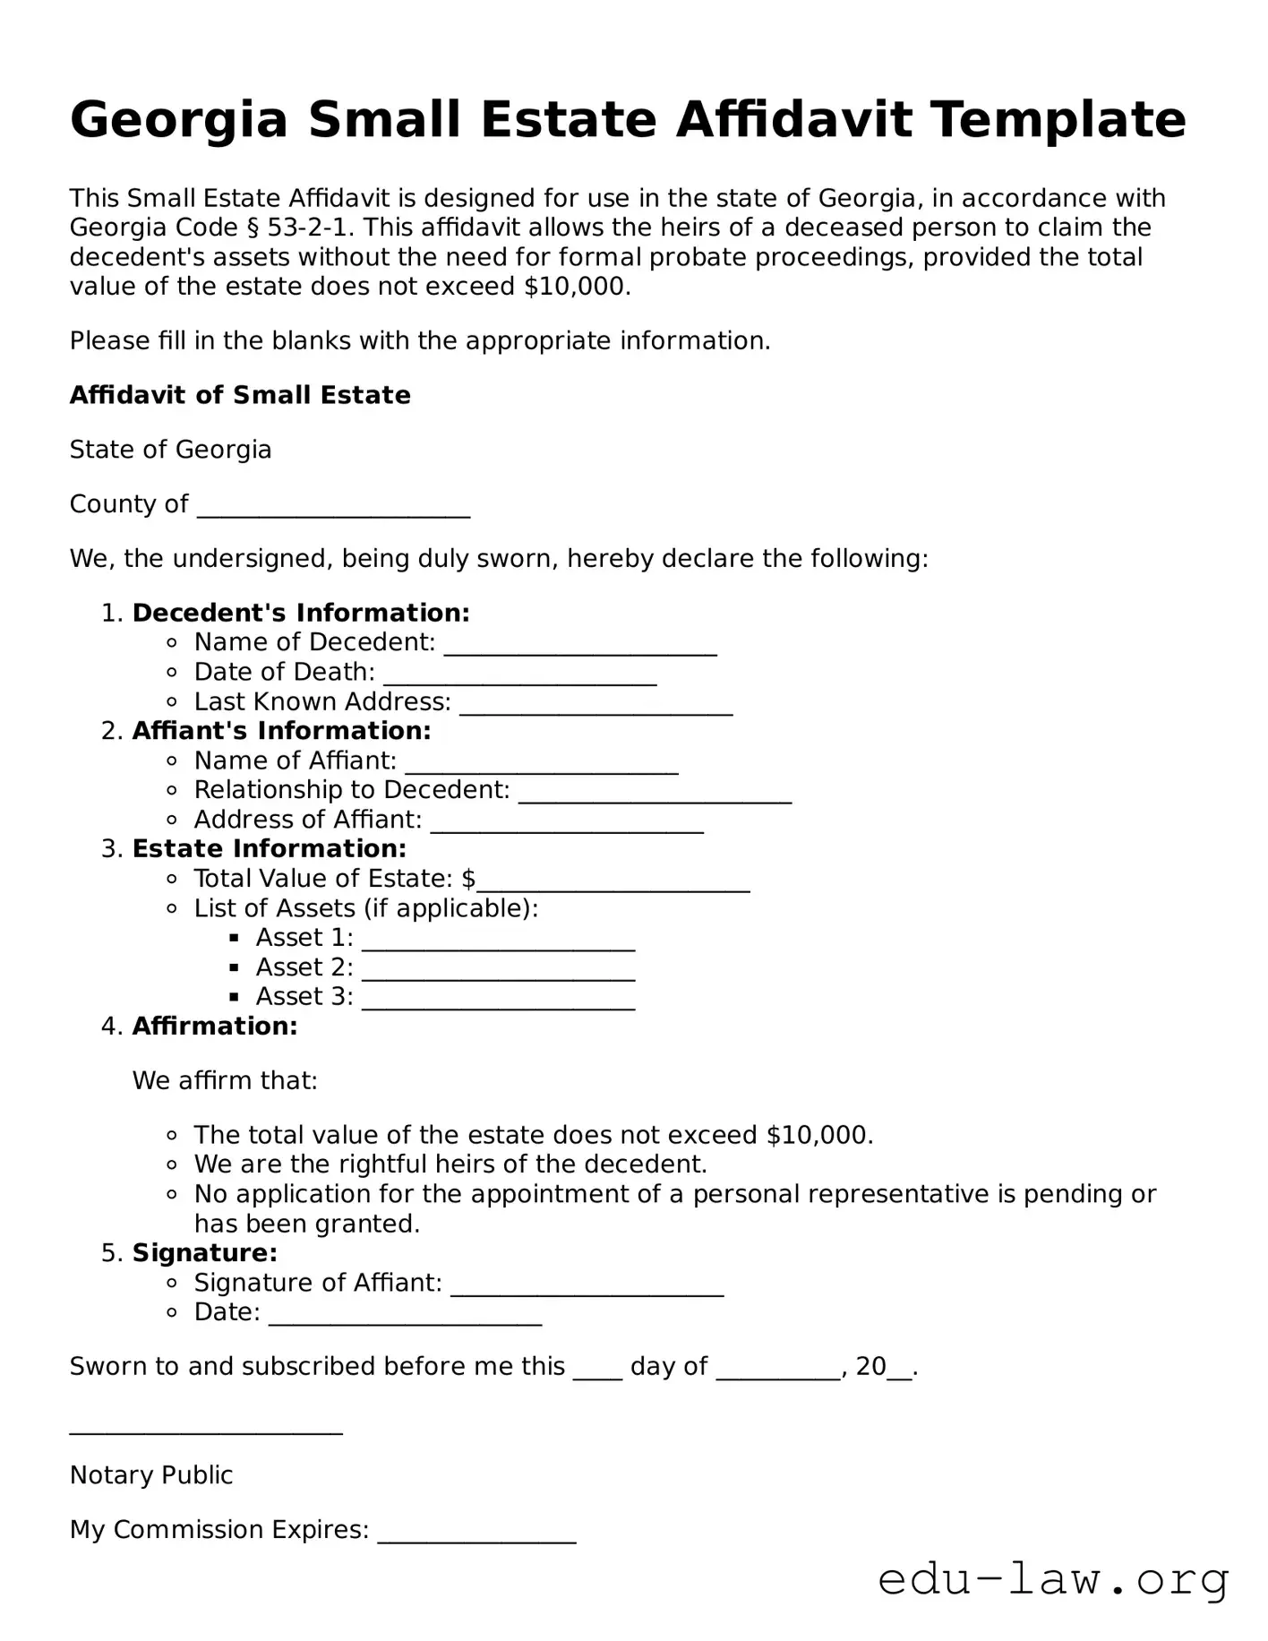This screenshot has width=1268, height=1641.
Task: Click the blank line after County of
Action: [x=333, y=507]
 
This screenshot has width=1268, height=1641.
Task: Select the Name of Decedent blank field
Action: [x=580, y=645]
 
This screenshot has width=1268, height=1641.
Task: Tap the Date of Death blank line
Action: [x=520, y=674]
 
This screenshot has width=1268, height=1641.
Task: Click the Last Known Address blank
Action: [x=596, y=704]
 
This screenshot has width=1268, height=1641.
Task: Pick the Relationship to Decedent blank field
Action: [x=655, y=793]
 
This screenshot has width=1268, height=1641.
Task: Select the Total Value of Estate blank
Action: [x=613, y=881]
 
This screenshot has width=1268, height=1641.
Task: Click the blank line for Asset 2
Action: [x=498, y=970]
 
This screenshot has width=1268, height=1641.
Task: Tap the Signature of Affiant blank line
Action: [x=587, y=1285]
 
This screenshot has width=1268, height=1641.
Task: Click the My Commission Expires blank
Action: [x=476, y=1533]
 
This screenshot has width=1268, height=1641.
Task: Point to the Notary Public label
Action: [x=151, y=1475]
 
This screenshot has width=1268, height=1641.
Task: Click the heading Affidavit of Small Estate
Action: [x=240, y=395]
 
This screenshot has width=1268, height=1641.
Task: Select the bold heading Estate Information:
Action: [x=270, y=848]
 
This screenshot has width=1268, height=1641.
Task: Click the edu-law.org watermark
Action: [x=1053, y=1580]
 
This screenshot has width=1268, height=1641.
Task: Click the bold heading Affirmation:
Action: [x=215, y=1026]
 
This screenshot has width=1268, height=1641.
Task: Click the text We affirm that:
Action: [x=225, y=1080]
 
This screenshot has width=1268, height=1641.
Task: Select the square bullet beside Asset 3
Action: [x=235, y=997]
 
